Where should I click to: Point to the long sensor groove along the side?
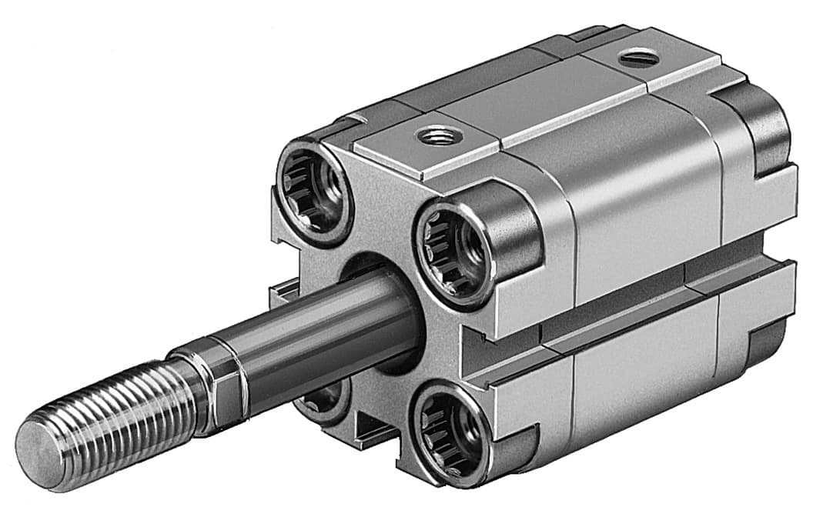click(631, 300)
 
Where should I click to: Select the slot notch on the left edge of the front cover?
click(281, 295)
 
